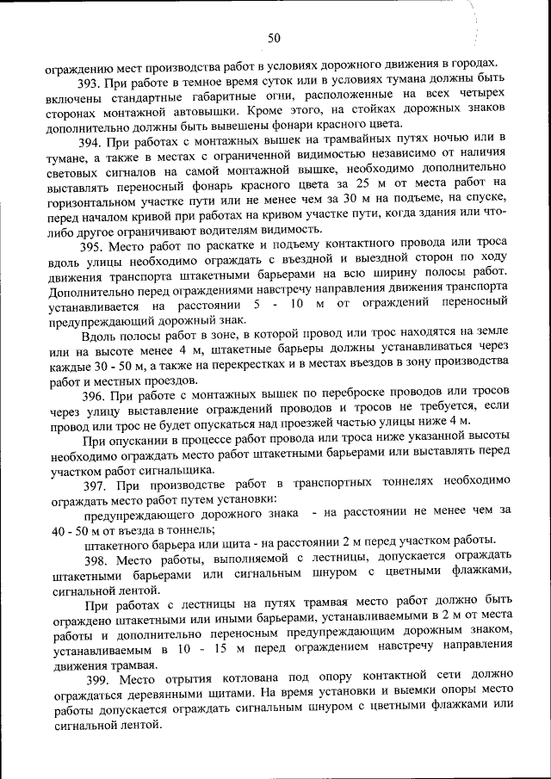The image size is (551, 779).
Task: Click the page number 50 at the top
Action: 275,37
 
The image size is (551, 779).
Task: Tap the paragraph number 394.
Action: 91,142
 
